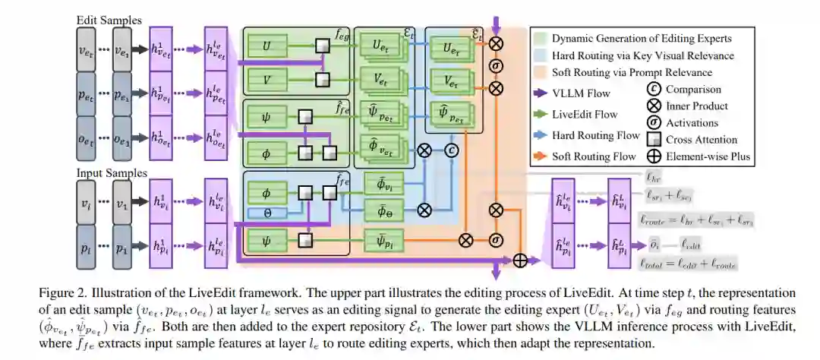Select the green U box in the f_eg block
(267, 47)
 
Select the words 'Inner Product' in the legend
(696, 106)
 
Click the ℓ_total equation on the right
(688, 263)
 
